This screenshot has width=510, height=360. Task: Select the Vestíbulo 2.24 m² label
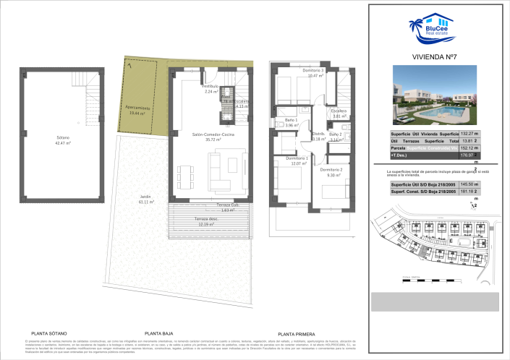(x=211, y=88)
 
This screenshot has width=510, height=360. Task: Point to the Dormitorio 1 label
(x=297, y=160)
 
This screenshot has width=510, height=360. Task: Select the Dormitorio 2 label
(x=334, y=171)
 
